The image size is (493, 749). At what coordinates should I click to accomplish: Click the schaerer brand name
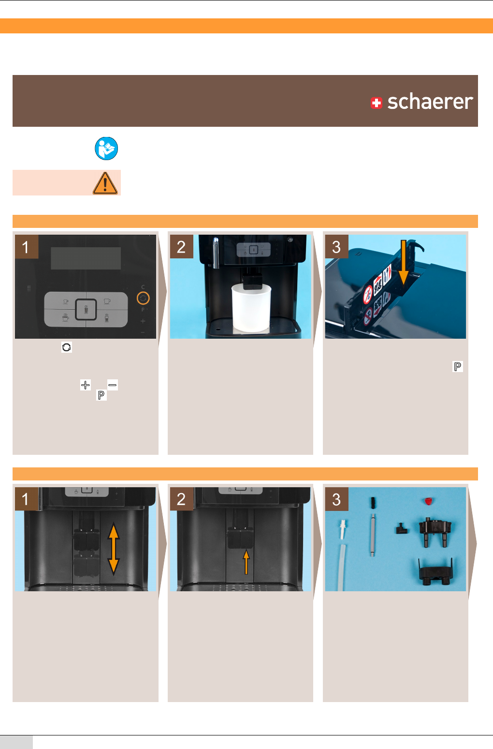[430, 102]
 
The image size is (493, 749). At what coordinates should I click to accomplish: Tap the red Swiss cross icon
[377, 103]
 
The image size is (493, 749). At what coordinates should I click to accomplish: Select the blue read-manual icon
[106, 149]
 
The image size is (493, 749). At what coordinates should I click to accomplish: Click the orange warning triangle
[105, 183]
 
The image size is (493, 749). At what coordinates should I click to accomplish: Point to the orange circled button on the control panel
[143, 298]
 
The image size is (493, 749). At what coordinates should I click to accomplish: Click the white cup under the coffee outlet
[251, 308]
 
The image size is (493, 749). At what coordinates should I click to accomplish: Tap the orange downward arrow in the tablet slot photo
[404, 262]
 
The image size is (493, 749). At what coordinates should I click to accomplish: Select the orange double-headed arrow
[114, 549]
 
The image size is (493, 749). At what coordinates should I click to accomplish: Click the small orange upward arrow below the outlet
[246, 562]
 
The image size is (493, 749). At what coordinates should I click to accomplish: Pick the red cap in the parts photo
[428, 501]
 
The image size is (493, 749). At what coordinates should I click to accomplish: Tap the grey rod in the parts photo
[373, 535]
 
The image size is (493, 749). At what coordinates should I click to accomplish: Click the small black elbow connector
[402, 529]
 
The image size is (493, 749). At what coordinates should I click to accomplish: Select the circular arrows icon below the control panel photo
[67, 347]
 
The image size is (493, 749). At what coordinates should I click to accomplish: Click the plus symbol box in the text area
[86, 385]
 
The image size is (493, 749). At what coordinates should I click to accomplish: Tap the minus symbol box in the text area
[113, 385]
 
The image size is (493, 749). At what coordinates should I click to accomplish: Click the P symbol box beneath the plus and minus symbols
[101, 395]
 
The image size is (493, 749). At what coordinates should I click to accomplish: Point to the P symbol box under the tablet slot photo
[458, 366]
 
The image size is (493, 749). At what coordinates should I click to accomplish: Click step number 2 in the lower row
[181, 499]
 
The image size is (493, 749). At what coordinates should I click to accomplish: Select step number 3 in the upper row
[336, 247]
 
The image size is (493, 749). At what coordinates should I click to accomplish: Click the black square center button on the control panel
[86, 309]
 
